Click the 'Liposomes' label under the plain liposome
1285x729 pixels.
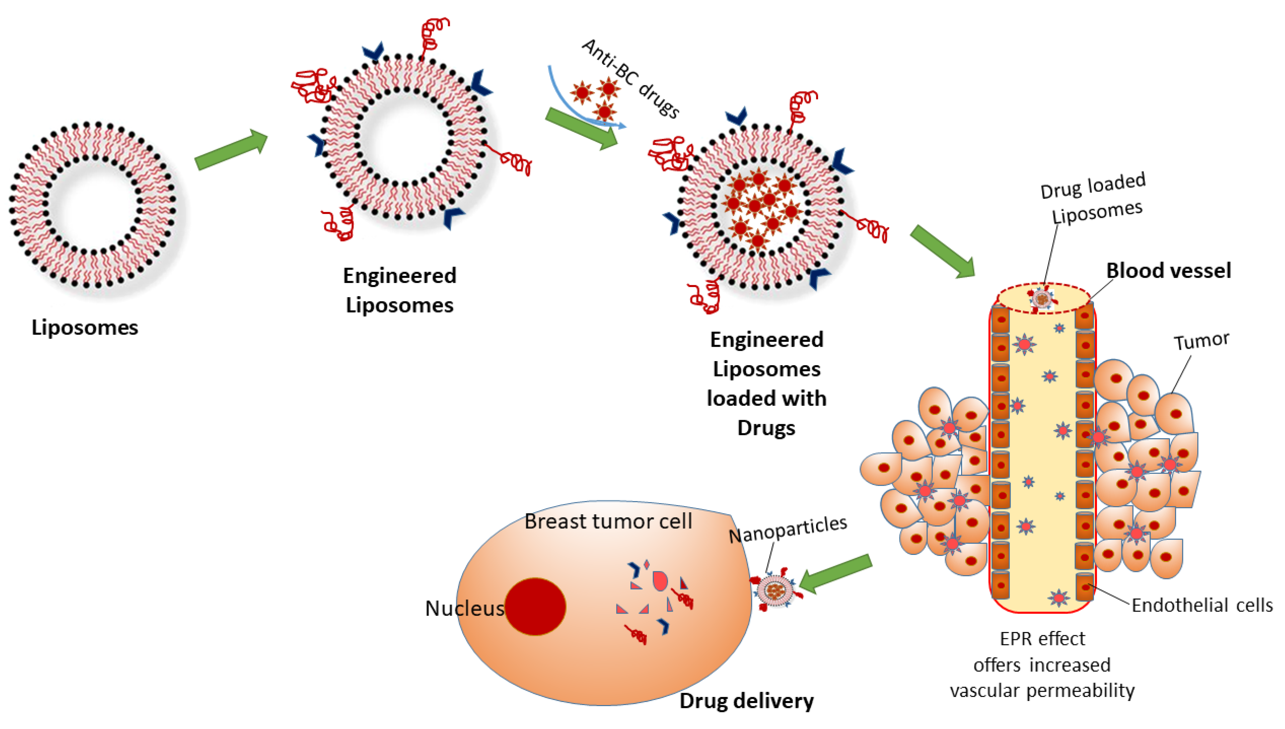(85, 327)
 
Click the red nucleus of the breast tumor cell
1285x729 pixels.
(534, 606)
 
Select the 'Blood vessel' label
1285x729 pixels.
(1168, 270)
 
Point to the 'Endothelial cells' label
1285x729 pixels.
(1201, 605)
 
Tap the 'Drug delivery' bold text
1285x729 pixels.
(746, 700)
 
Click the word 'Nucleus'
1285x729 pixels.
(464, 608)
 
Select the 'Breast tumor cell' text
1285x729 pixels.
(608, 521)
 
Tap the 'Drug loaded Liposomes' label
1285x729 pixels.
(1093, 199)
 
